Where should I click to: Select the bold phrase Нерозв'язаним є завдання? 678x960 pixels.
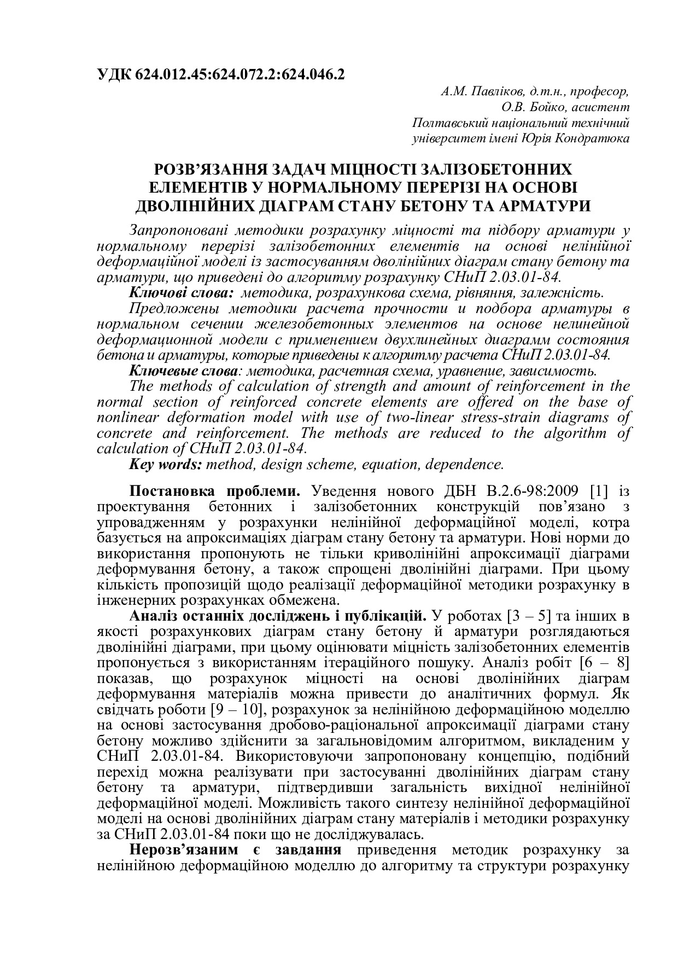[x=236, y=850]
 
